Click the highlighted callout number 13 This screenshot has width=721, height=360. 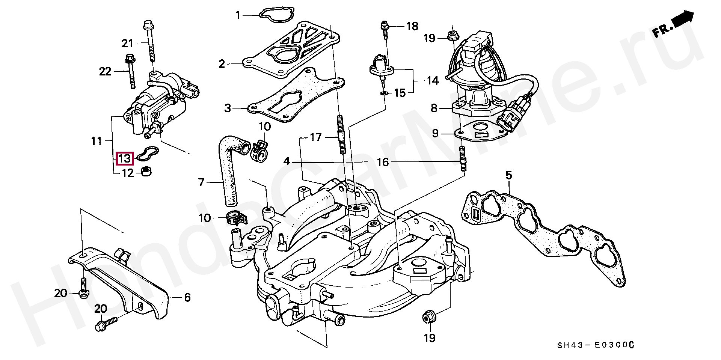click(x=124, y=158)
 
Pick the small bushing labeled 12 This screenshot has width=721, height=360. click(x=146, y=172)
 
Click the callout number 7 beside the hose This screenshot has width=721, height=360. click(x=201, y=182)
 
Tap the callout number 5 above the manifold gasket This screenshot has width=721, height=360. click(x=508, y=175)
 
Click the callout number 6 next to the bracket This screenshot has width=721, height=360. click(x=187, y=298)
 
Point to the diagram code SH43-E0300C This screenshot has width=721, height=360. click(x=596, y=345)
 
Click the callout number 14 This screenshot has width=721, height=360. click(x=433, y=80)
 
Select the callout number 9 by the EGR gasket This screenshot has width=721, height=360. click(x=435, y=133)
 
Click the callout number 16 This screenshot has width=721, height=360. click(x=383, y=162)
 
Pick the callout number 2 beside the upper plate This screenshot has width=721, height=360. click(x=222, y=64)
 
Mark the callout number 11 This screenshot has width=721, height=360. click(x=97, y=141)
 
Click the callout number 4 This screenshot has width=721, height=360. click(x=287, y=162)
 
